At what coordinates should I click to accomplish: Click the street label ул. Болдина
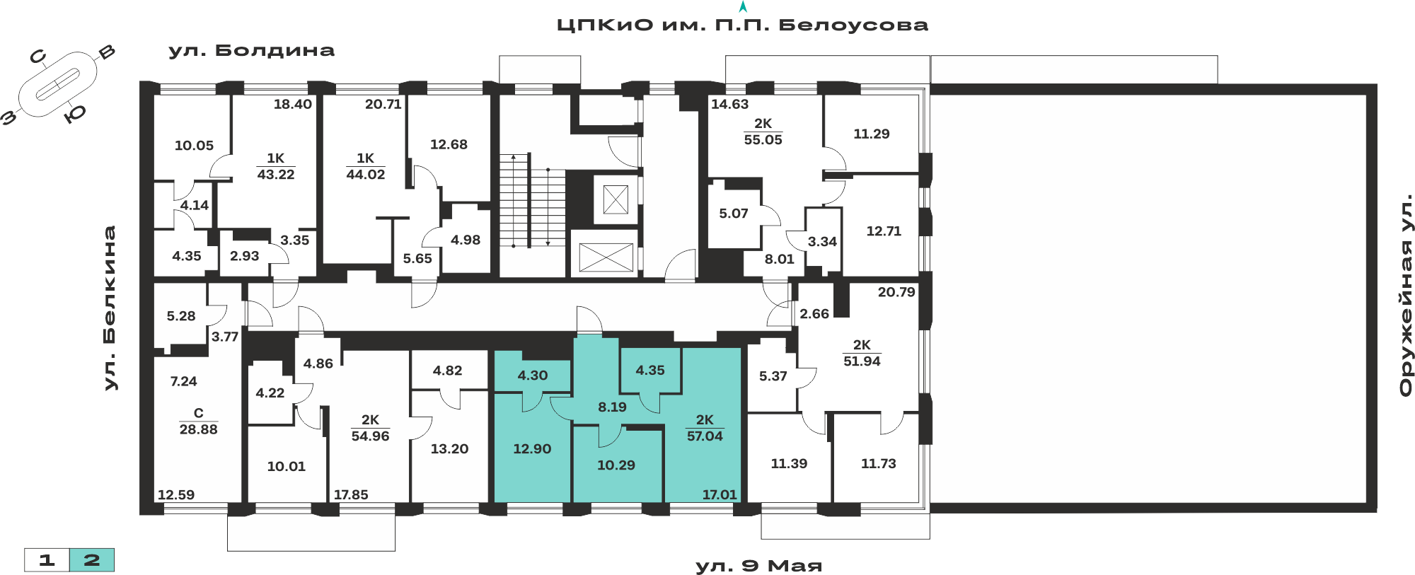pyautogui.click(x=251, y=50)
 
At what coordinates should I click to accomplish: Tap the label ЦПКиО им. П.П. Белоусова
pyautogui.click(x=742, y=25)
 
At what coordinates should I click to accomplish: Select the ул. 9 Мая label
pyautogui.click(x=758, y=566)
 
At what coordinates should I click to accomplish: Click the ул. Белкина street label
pyautogui.click(x=110, y=308)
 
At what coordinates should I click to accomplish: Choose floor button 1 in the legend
pyautogui.click(x=47, y=560)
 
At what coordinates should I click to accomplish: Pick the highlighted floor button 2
pyautogui.click(x=92, y=560)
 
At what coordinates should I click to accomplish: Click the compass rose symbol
pyautogui.click(x=58, y=86)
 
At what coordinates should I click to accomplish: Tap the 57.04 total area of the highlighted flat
pyautogui.click(x=705, y=436)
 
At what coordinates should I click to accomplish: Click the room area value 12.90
pyautogui.click(x=532, y=449)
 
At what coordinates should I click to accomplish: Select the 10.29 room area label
pyautogui.click(x=616, y=465)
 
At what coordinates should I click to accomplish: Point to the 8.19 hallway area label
pyautogui.click(x=612, y=407)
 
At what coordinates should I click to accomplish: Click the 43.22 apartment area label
pyautogui.click(x=276, y=175)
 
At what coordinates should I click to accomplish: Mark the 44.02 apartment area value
pyautogui.click(x=366, y=175)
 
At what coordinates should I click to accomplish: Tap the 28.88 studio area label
pyautogui.click(x=199, y=429)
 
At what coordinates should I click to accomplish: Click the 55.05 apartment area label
pyautogui.click(x=763, y=140)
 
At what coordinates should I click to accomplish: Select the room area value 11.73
pyautogui.click(x=879, y=464)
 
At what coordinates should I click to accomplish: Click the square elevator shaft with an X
pyautogui.click(x=616, y=199)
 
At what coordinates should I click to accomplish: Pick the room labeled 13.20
pyautogui.click(x=449, y=449)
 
